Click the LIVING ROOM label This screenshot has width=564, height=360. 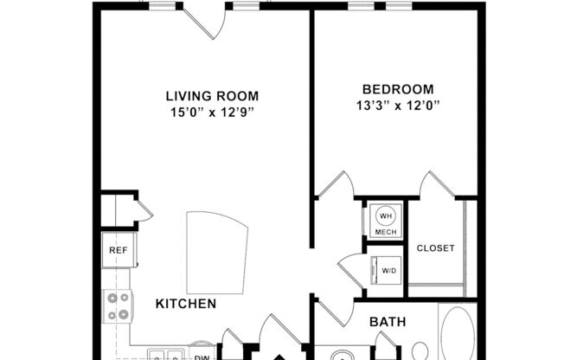[212, 96]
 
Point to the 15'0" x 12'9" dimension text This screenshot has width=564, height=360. [212, 112]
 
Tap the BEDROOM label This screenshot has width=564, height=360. [398, 89]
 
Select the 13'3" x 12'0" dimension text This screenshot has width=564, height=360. [398, 106]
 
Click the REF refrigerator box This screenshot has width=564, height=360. [118, 250]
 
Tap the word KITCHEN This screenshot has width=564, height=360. [186, 304]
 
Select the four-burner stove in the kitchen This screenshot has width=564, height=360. [118, 305]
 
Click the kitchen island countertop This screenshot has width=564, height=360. [216, 250]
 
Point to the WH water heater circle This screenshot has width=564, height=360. [386, 216]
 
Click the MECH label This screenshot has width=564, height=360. [386, 232]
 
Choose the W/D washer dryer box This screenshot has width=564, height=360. [388, 270]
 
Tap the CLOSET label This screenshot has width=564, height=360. [435, 248]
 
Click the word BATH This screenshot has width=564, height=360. [388, 322]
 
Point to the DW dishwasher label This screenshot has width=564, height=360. [201, 356]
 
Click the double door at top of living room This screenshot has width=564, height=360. [205, 19]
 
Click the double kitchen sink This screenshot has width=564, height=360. [164, 354]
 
